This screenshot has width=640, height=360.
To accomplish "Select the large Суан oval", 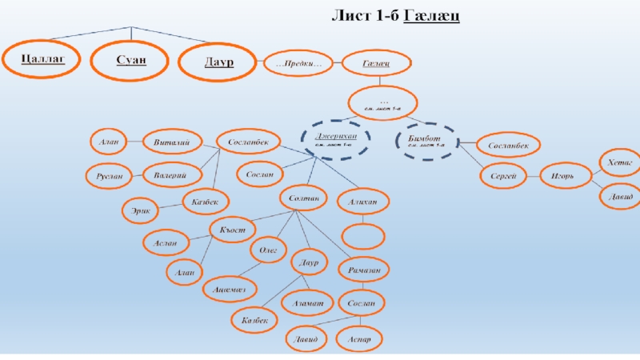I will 130,61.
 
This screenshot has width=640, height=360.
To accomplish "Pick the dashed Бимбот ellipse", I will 427,142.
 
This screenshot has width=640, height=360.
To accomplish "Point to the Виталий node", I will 170,142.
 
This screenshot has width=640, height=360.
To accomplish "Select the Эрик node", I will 140,212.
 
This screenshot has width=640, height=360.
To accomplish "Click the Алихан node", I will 362,202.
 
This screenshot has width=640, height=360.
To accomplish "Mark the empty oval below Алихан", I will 364,235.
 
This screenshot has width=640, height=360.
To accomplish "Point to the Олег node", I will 268,250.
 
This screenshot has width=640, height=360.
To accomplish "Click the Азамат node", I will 306,302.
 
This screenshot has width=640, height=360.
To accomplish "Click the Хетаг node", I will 619,162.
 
